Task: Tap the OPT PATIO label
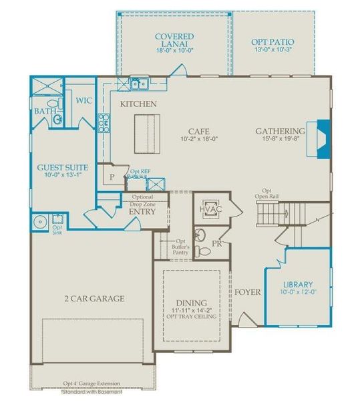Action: point(273,42)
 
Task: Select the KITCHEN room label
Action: point(138,104)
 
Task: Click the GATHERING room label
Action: point(280,131)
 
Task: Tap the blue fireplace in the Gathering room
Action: point(323,138)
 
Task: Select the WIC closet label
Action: point(83,101)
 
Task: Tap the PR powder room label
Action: point(216,244)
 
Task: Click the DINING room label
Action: point(192,303)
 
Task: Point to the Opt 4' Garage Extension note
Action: point(92,384)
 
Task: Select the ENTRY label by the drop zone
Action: point(142,211)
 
